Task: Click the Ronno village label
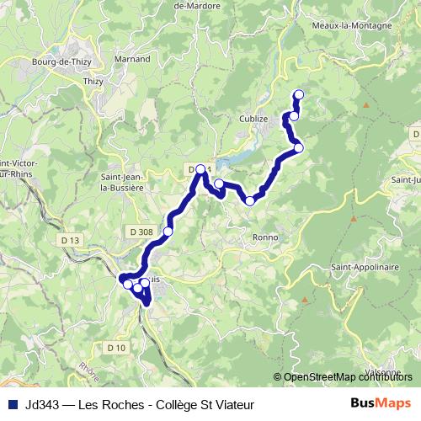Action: click(265, 237)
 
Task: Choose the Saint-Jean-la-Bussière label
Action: click(123, 183)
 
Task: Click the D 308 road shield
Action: click(141, 231)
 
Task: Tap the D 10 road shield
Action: click(116, 347)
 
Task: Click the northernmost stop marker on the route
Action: click(297, 94)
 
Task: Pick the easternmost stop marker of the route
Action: click(298, 148)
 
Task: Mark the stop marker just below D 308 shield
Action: click(168, 231)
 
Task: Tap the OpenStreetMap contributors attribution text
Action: click(347, 378)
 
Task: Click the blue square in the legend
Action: click(13, 403)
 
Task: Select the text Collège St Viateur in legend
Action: click(207, 403)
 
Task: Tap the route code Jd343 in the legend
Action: click(43, 403)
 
